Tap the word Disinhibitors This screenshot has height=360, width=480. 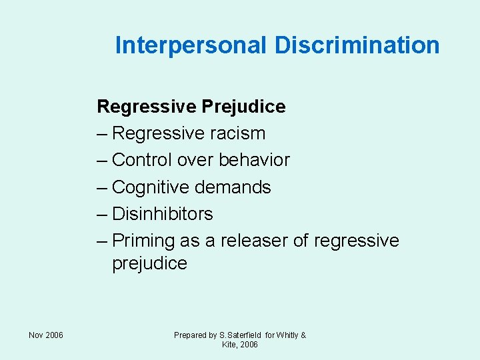click(163, 214)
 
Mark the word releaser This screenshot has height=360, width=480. click(253, 241)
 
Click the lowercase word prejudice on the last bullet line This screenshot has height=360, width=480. click(150, 263)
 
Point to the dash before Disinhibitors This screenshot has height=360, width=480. click(103, 214)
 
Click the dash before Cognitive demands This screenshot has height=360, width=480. click(103, 187)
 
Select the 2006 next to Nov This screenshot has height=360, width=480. click(55, 335)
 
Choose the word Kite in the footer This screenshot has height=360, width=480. click(229, 345)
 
